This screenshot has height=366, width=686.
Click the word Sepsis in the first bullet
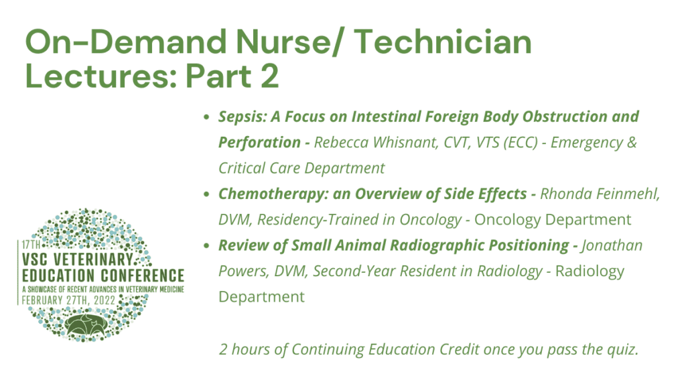[243, 117]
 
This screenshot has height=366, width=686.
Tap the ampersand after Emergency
[632, 142]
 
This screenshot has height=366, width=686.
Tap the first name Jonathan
[612, 245]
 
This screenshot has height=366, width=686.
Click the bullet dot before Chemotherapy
[206, 194]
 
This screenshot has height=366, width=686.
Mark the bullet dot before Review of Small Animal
[206, 245]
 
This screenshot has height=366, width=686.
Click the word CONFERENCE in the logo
[143, 276]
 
